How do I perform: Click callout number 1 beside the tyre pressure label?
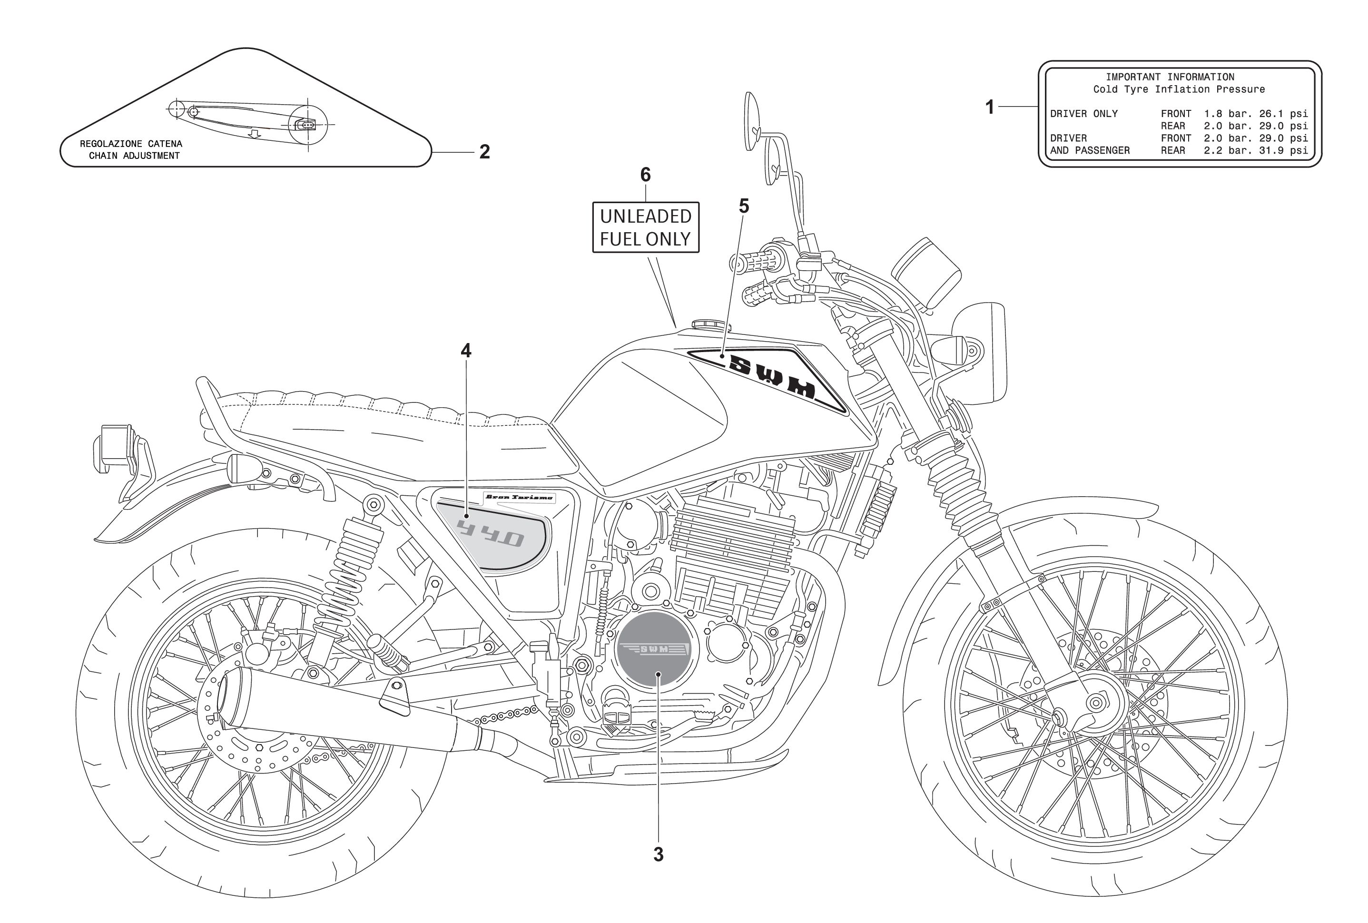click(990, 107)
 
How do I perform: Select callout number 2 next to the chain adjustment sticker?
click(484, 152)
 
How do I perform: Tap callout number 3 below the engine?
click(658, 854)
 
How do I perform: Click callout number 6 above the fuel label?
click(646, 175)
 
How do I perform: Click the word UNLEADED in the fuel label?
click(646, 216)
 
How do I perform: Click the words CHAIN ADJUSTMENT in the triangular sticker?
click(134, 156)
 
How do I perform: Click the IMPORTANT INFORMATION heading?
click(1170, 77)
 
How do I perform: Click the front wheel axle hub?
click(1096, 702)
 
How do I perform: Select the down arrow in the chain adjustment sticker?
click(254, 135)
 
